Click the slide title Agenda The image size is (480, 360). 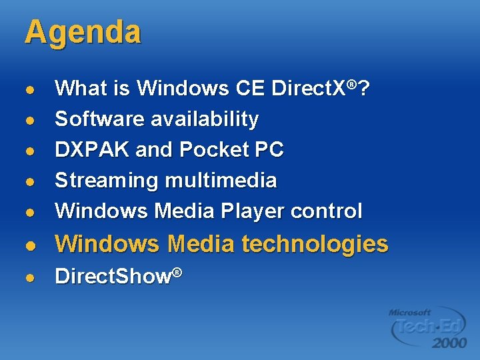[83, 32]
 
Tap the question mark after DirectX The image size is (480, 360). [365, 88]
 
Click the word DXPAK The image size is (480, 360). [92, 150]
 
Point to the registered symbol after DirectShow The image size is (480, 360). [177, 271]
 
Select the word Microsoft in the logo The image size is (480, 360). [410, 311]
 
